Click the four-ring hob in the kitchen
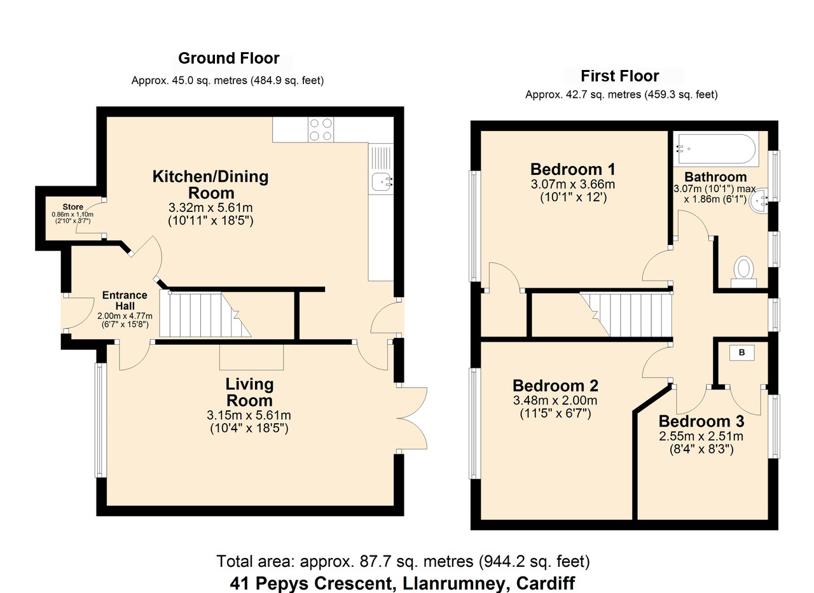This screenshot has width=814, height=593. (x=321, y=129)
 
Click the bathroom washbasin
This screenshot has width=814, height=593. (x=759, y=200)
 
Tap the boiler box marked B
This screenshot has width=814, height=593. (x=742, y=352)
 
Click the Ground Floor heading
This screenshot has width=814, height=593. (x=228, y=58)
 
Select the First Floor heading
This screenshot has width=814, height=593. (x=619, y=76)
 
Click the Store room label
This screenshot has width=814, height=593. (x=72, y=207)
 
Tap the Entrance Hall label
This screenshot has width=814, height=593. (x=125, y=300)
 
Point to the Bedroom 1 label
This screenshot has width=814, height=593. (x=573, y=169)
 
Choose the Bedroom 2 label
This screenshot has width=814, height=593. (x=555, y=386)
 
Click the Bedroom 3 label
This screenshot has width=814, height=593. (x=701, y=421)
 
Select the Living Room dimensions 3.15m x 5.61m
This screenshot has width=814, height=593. (x=249, y=415)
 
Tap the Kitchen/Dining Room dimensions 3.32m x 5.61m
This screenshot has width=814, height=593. (x=210, y=207)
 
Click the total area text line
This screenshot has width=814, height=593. (x=403, y=561)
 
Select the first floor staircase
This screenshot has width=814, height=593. (x=626, y=315)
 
